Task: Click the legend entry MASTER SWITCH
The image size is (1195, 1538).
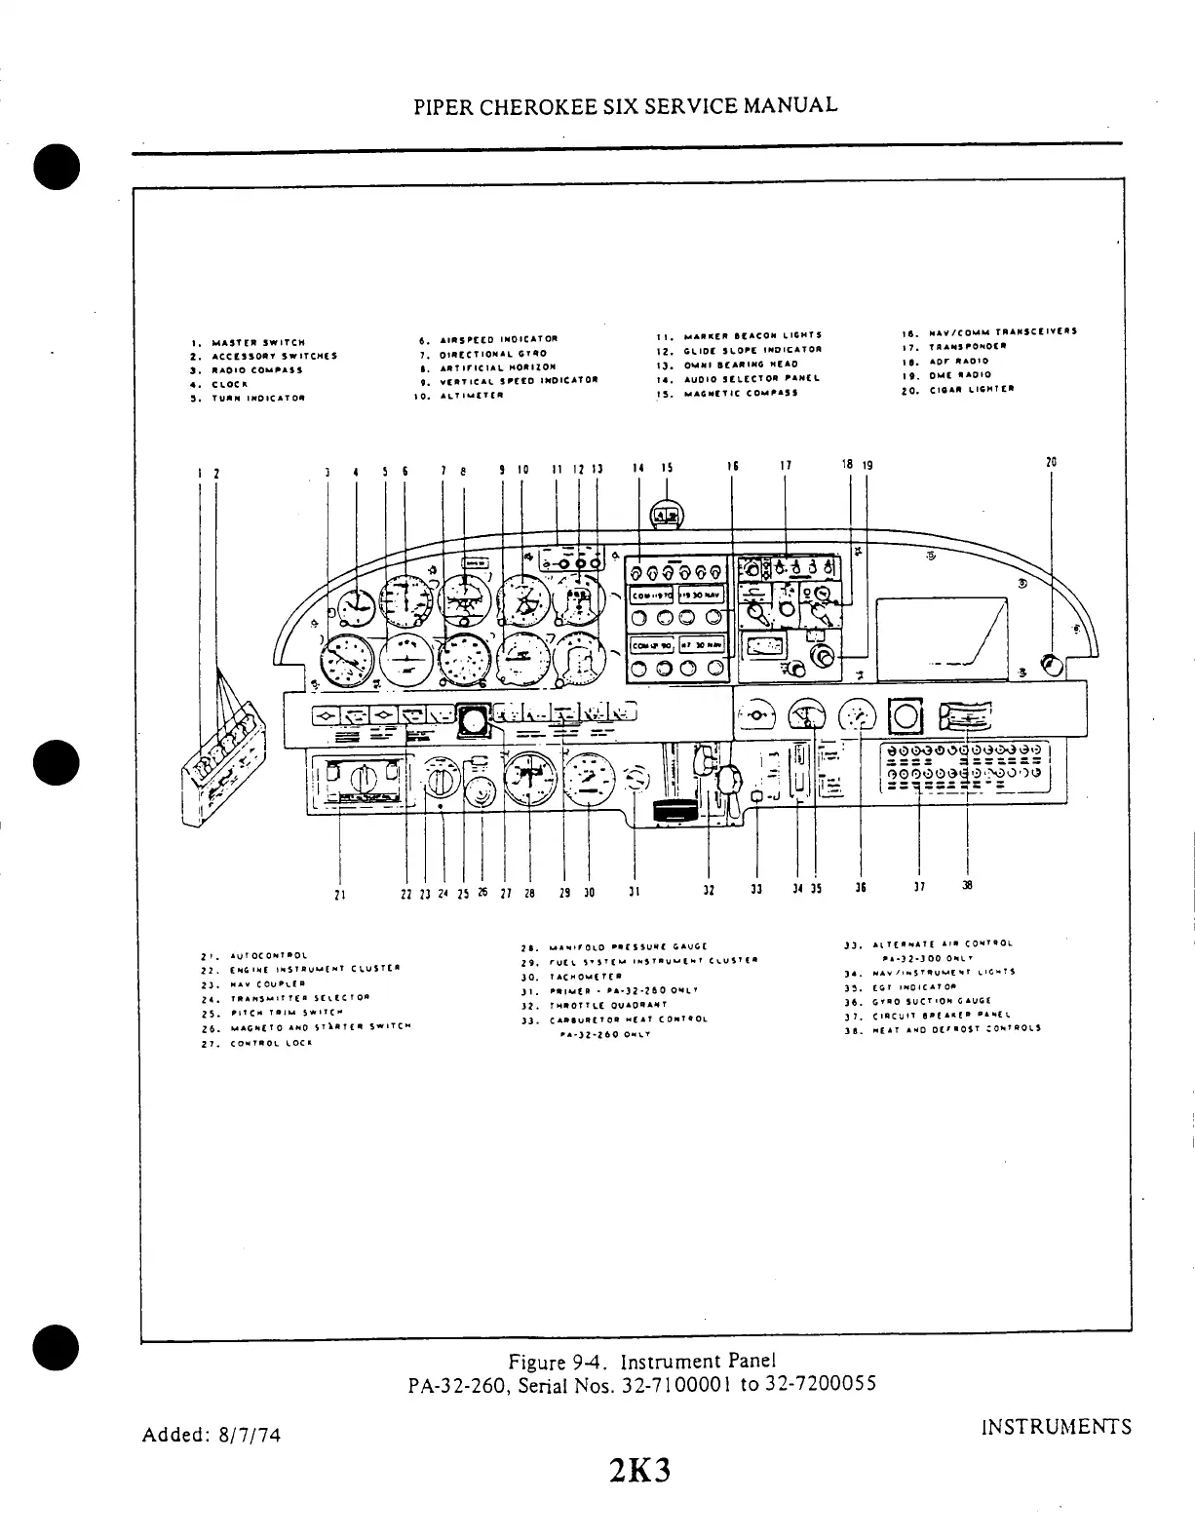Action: click(x=250, y=342)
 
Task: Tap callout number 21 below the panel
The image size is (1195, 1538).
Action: click(x=338, y=890)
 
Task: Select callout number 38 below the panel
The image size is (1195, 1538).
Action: click(x=967, y=887)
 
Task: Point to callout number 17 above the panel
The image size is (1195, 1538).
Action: click(x=786, y=466)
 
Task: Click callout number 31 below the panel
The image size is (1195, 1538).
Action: click(x=635, y=890)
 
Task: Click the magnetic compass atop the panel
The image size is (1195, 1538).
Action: click(x=667, y=516)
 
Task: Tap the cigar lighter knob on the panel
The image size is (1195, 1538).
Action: click(x=1051, y=666)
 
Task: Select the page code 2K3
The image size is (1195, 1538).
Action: click(x=639, y=1471)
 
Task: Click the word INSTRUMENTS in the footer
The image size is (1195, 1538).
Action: click(x=1056, y=1428)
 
